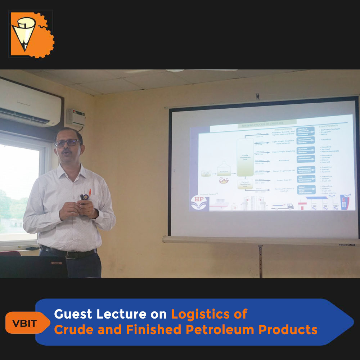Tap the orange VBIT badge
(24, 323)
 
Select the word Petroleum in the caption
(215, 329)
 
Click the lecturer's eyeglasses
(68, 143)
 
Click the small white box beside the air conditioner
(75, 118)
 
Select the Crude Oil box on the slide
(206, 174)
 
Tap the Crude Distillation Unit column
(245, 157)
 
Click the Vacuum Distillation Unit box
(245, 184)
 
